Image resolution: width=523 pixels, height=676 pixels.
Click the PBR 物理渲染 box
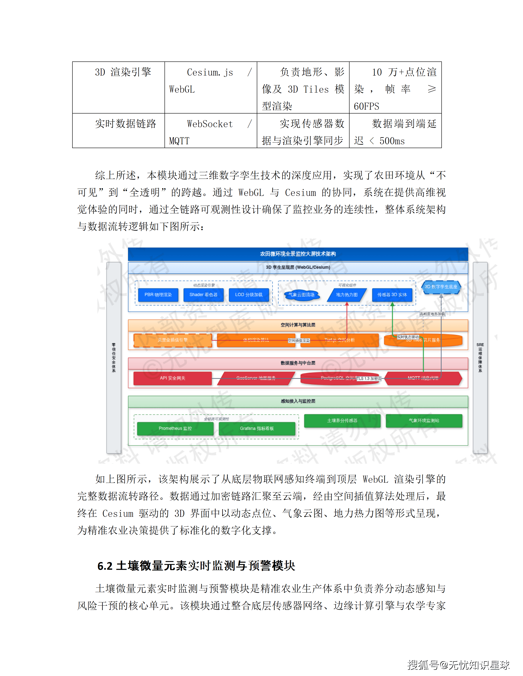tap(158, 295)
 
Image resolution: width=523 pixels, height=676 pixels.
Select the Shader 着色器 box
tap(203, 295)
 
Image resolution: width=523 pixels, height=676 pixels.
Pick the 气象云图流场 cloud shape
tap(301, 295)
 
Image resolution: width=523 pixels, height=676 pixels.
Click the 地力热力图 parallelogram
tap(347, 295)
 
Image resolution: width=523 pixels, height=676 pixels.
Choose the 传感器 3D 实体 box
tap(392, 295)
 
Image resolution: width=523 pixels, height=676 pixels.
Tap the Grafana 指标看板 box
tap(257, 428)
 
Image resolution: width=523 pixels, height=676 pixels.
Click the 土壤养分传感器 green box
tap(342, 420)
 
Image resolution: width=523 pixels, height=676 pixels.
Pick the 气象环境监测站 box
tap(424, 420)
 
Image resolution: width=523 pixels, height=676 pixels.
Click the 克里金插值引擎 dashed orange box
tap(173, 340)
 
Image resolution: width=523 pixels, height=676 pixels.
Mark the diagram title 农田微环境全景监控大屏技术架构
tap(298, 254)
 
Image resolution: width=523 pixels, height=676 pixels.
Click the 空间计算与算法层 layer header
tap(298, 325)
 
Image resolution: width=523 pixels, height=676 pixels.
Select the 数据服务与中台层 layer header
tap(298, 363)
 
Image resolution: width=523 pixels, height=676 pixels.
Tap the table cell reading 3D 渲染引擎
tap(123, 72)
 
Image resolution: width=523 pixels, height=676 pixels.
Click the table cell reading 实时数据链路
tap(125, 124)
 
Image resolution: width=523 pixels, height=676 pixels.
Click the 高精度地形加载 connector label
tap(432, 314)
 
